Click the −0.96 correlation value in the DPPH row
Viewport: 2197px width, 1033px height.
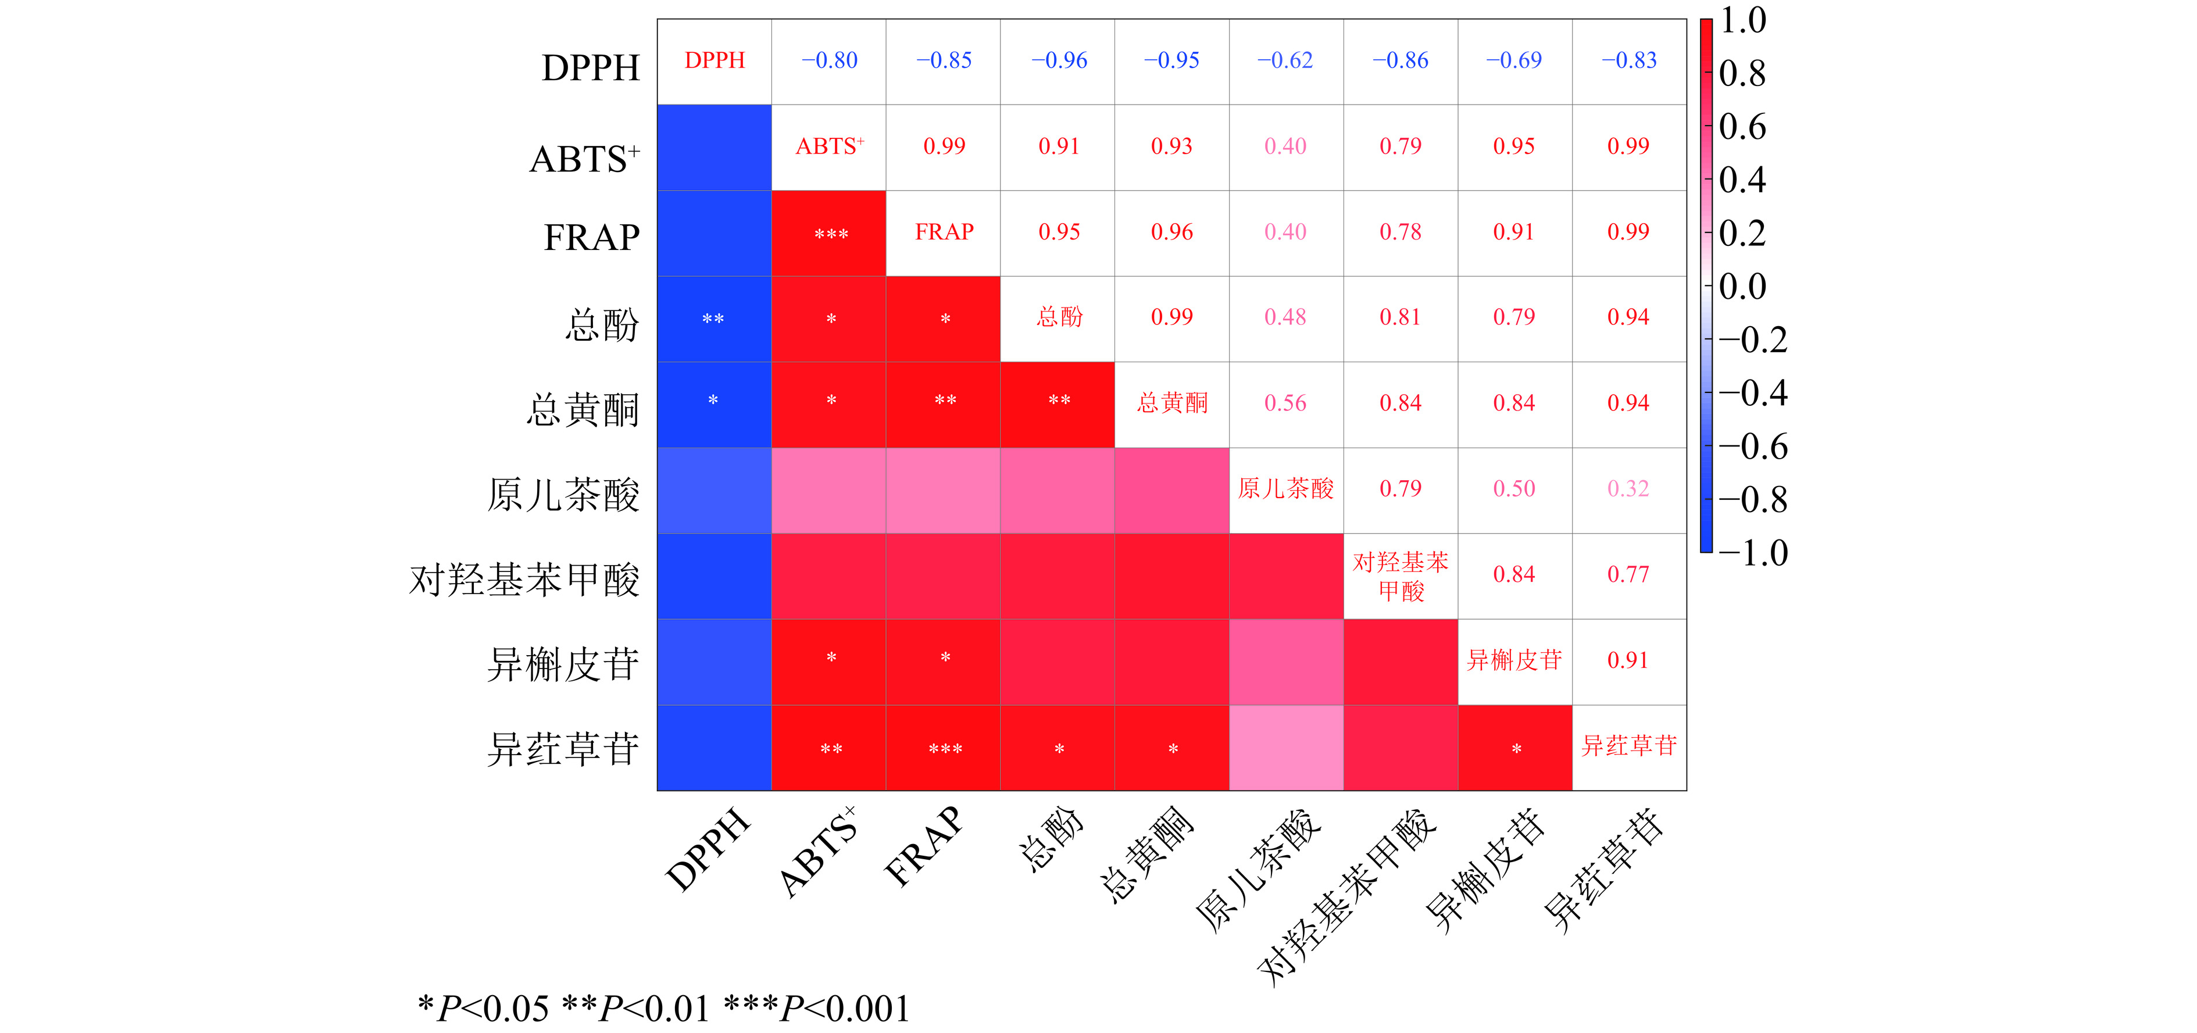[x=1059, y=60]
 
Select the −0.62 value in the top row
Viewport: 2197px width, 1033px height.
[x=1285, y=60]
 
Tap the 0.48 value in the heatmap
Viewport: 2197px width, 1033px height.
[x=1285, y=317]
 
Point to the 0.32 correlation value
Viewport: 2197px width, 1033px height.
[x=1628, y=489]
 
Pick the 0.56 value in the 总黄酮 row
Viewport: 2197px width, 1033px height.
[x=1285, y=403]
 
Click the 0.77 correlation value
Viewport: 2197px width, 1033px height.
[x=1628, y=574]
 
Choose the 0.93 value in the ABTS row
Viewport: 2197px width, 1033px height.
[x=1172, y=146]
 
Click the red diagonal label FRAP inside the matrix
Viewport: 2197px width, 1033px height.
[x=944, y=232]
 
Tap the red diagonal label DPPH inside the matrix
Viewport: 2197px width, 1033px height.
[x=715, y=60]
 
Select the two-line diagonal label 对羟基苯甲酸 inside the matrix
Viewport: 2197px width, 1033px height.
[x=1401, y=576]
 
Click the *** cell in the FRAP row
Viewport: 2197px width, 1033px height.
[x=831, y=234]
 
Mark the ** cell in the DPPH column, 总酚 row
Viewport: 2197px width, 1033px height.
[x=713, y=319]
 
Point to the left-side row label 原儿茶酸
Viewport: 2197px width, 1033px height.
[x=563, y=495]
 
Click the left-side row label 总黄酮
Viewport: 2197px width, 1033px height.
[x=583, y=409]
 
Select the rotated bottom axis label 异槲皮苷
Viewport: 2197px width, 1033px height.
[x=1486, y=870]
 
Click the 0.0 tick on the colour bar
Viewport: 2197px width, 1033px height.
[x=1742, y=286]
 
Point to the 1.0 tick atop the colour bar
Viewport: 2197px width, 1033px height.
[x=1742, y=20]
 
